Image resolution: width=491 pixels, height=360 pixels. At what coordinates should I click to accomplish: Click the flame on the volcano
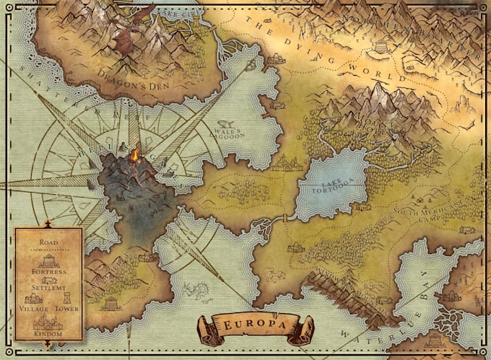click(x=134, y=154)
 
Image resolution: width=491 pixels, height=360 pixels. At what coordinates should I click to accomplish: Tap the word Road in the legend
click(x=50, y=243)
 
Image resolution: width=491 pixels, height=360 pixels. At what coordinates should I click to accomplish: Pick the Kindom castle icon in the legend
click(x=48, y=322)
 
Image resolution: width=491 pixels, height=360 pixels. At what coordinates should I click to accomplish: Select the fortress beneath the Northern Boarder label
click(x=380, y=48)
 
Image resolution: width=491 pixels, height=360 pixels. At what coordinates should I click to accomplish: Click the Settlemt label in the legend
click(x=50, y=287)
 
